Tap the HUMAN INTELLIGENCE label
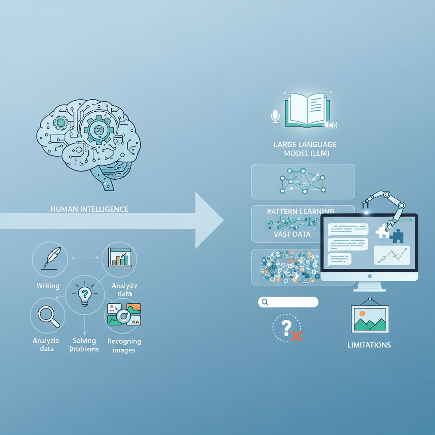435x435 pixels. click(89, 209)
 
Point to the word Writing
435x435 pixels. click(48, 286)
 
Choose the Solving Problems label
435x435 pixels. click(84, 345)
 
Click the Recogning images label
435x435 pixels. click(124, 345)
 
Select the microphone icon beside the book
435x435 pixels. click(276, 116)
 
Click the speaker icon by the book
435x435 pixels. click(331, 124)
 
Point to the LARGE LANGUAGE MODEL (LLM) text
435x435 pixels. click(305, 149)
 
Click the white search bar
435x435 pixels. click(288, 302)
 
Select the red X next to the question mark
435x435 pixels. click(297, 336)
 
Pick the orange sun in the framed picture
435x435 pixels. click(362, 314)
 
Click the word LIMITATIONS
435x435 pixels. click(369, 345)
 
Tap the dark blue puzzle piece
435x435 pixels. click(397, 236)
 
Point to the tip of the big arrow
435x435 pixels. click(223, 220)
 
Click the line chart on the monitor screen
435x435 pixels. click(392, 255)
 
